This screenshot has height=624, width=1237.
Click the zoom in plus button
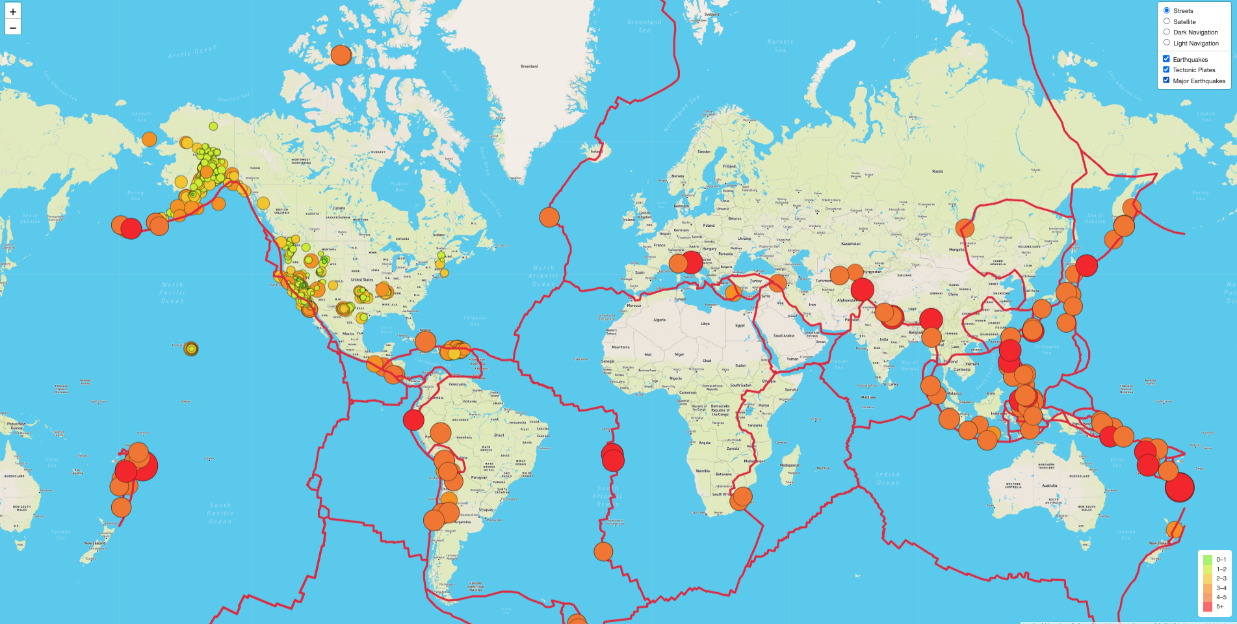(13, 11)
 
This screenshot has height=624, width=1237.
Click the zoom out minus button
(13, 27)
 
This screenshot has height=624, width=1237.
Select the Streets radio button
(1167, 10)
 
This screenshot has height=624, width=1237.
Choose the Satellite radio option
(1167, 21)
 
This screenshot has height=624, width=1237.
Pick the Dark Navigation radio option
(1167, 32)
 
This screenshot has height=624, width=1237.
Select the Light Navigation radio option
(1167, 43)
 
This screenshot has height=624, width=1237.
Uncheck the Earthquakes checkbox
(1166, 59)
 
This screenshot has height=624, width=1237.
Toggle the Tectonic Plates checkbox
(1166, 70)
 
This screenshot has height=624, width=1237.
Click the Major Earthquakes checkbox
(1166, 81)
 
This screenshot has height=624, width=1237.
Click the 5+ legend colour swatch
(1208, 606)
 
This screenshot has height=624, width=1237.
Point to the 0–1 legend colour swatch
(1208, 560)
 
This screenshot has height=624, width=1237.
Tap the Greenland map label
(529, 66)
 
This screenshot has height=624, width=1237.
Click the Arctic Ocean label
(192, 52)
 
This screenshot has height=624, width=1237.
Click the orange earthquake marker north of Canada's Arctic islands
(341, 55)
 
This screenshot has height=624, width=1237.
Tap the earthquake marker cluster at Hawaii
(190, 349)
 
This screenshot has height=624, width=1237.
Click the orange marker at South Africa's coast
(741, 498)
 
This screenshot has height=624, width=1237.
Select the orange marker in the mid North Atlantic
(549, 217)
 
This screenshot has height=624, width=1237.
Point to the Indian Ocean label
(888, 478)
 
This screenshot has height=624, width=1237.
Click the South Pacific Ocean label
(220, 513)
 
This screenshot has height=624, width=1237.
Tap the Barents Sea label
(780, 45)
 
